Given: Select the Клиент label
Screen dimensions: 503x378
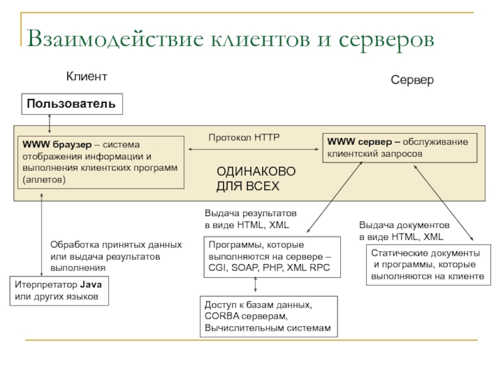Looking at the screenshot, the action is (x=87, y=76).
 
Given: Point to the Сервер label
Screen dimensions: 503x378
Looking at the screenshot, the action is (x=412, y=81).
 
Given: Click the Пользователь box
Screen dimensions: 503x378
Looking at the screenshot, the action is (x=72, y=103).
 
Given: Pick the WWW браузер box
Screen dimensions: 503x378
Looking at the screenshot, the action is (x=99, y=161).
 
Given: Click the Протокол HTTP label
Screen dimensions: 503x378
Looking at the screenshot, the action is (x=244, y=137).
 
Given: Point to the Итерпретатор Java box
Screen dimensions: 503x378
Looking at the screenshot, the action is (x=60, y=291).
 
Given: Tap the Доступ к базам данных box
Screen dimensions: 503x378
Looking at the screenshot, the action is (x=268, y=317).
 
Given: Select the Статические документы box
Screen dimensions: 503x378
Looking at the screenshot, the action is (x=427, y=265).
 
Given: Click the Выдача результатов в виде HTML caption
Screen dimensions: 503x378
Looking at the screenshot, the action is (x=250, y=219).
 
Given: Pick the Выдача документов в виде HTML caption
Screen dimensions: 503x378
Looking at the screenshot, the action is (x=404, y=231).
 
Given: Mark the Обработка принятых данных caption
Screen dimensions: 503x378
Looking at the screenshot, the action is (x=116, y=256).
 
